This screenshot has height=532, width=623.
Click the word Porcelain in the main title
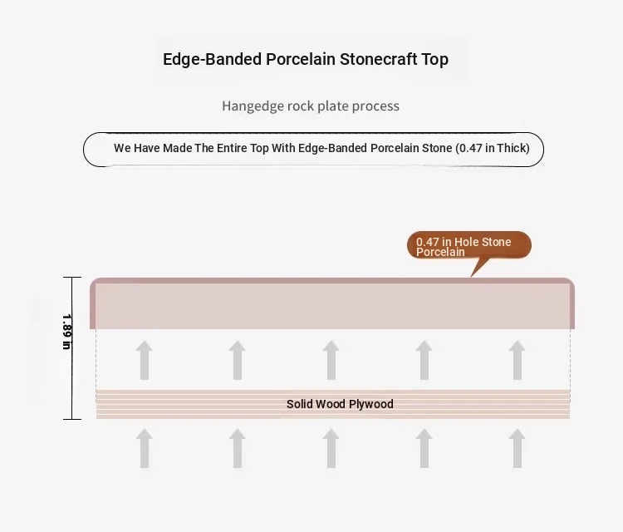(x=301, y=59)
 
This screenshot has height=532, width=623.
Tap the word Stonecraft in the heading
(x=378, y=59)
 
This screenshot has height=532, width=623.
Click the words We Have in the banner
(x=137, y=148)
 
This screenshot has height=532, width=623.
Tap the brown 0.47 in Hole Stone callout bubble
(x=469, y=245)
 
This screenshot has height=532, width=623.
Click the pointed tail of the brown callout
(x=471, y=276)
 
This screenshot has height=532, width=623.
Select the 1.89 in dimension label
(x=66, y=332)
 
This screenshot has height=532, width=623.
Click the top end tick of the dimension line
(x=72, y=277)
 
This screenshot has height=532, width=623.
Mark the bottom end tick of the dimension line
(x=72, y=419)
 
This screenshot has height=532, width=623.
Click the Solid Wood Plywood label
(x=340, y=404)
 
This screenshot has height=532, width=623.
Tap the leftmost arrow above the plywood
(x=145, y=360)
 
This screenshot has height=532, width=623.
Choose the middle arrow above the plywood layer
(x=331, y=360)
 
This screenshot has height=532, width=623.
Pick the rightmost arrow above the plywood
(x=518, y=360)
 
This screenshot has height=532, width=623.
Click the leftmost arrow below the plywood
(x=145, y=449)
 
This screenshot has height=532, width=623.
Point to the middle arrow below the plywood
(x=331, y=449)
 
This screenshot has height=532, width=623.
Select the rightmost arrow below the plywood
(x=518, y=449)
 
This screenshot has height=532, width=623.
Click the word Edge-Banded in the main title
(x=212, y=59)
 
